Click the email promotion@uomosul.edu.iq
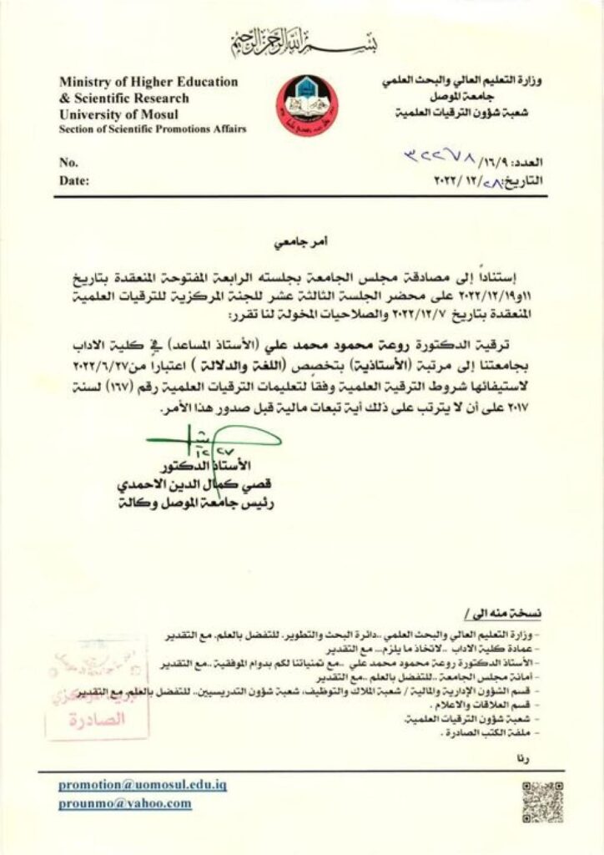[143, 786]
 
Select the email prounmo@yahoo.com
[125, 803]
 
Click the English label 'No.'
[68, 163]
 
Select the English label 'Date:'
[73, 180]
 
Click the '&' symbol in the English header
[63, 98]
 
